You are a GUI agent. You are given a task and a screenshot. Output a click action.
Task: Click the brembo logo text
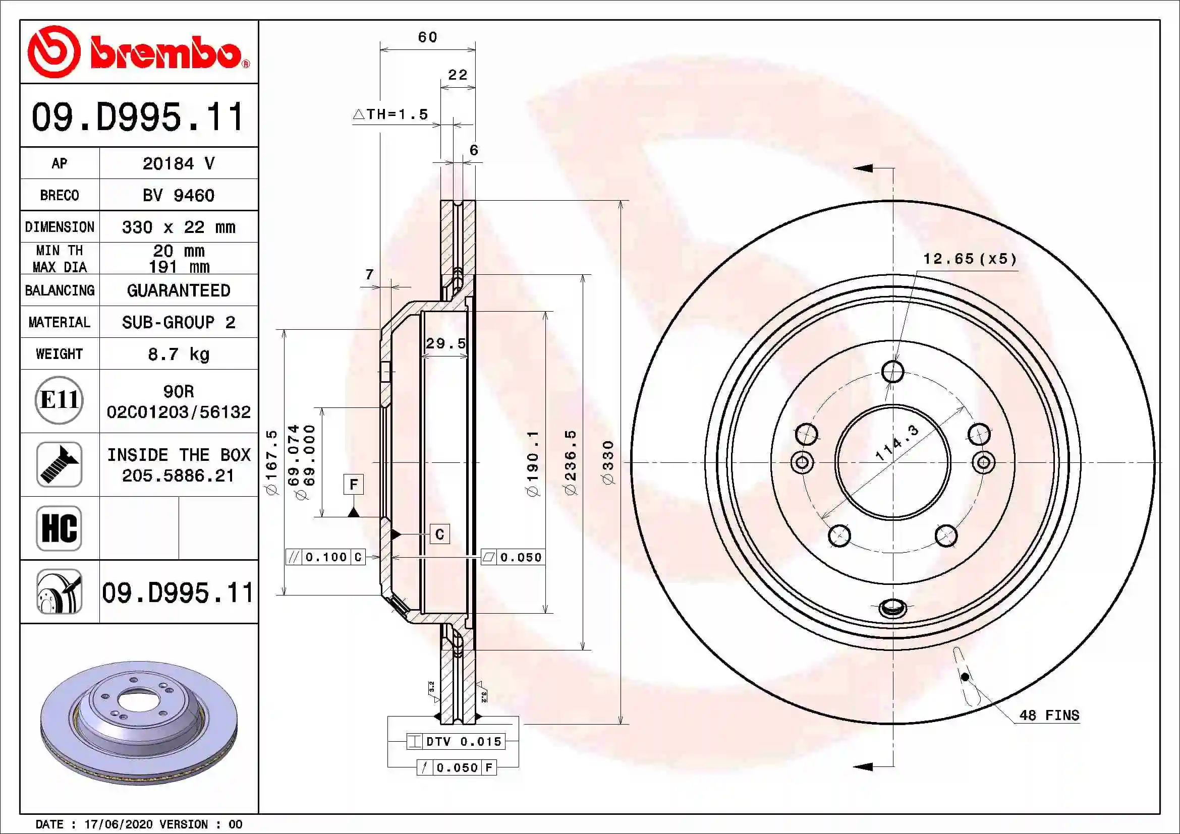(167, 52)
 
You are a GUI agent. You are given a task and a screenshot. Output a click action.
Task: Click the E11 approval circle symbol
(59, 400)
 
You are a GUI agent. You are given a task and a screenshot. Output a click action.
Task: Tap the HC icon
(59, 528)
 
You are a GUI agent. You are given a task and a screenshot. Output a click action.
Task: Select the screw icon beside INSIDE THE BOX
(59, 464)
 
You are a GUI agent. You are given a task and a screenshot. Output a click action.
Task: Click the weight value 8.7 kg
(178, 354)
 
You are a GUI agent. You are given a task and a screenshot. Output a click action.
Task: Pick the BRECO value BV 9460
(178, 195)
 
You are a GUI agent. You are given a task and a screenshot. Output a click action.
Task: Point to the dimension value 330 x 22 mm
(178, 227)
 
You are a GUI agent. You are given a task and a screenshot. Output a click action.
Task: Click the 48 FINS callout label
(1048, 715)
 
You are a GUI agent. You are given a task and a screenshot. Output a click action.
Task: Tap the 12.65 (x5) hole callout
(969, 259)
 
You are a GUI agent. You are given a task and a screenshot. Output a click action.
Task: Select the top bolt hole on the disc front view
(893, 371)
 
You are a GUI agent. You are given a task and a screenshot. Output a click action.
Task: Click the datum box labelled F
(354, 484)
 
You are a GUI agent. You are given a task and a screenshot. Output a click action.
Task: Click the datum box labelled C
(439, 534)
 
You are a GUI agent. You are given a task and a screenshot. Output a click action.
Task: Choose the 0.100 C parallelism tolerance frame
(325, 557)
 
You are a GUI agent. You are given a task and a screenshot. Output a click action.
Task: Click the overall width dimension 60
(427, 37)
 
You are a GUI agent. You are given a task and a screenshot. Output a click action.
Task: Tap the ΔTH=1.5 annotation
(390, 114)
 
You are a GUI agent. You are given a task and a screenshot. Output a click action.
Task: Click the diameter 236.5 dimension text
(571, 462)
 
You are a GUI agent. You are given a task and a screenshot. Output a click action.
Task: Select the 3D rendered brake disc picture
(139, 722)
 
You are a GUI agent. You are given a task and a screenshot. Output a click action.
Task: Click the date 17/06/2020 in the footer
(118, 824)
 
